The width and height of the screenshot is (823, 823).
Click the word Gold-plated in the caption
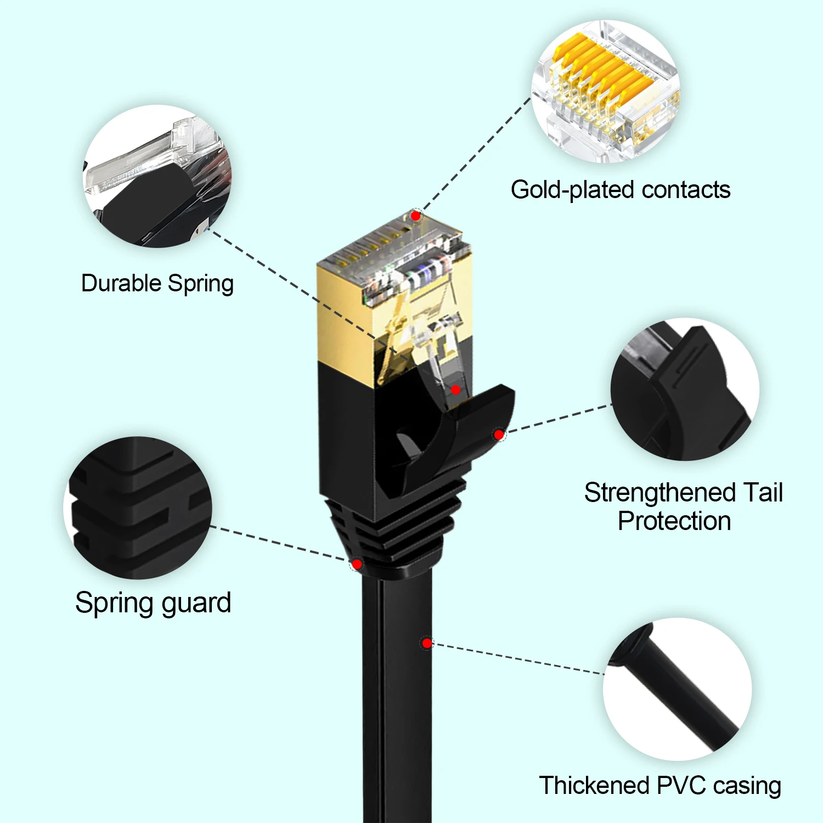(x=573, y=190)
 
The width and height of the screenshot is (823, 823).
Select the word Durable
(x=121, y=284)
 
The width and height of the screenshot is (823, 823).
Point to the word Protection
(x=674, y=521)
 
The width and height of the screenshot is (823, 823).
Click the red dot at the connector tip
(x=416, y=216)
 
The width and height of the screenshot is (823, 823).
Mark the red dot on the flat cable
(x=427, y=642)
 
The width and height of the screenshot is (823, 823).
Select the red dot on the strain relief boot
(x=357, y=564)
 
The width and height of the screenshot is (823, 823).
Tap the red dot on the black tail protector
(x=499, y=435)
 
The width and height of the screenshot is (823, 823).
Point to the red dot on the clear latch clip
(x=455, y=390)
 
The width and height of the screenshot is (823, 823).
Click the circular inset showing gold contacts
(x=606, y=92)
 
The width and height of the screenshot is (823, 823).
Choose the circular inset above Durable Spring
(x=157, y=176)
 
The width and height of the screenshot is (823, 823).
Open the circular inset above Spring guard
(x=138, y=508)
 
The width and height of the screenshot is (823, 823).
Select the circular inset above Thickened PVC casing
(x=678, y=689)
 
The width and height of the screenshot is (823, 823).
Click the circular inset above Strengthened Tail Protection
(x=685, y=389)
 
